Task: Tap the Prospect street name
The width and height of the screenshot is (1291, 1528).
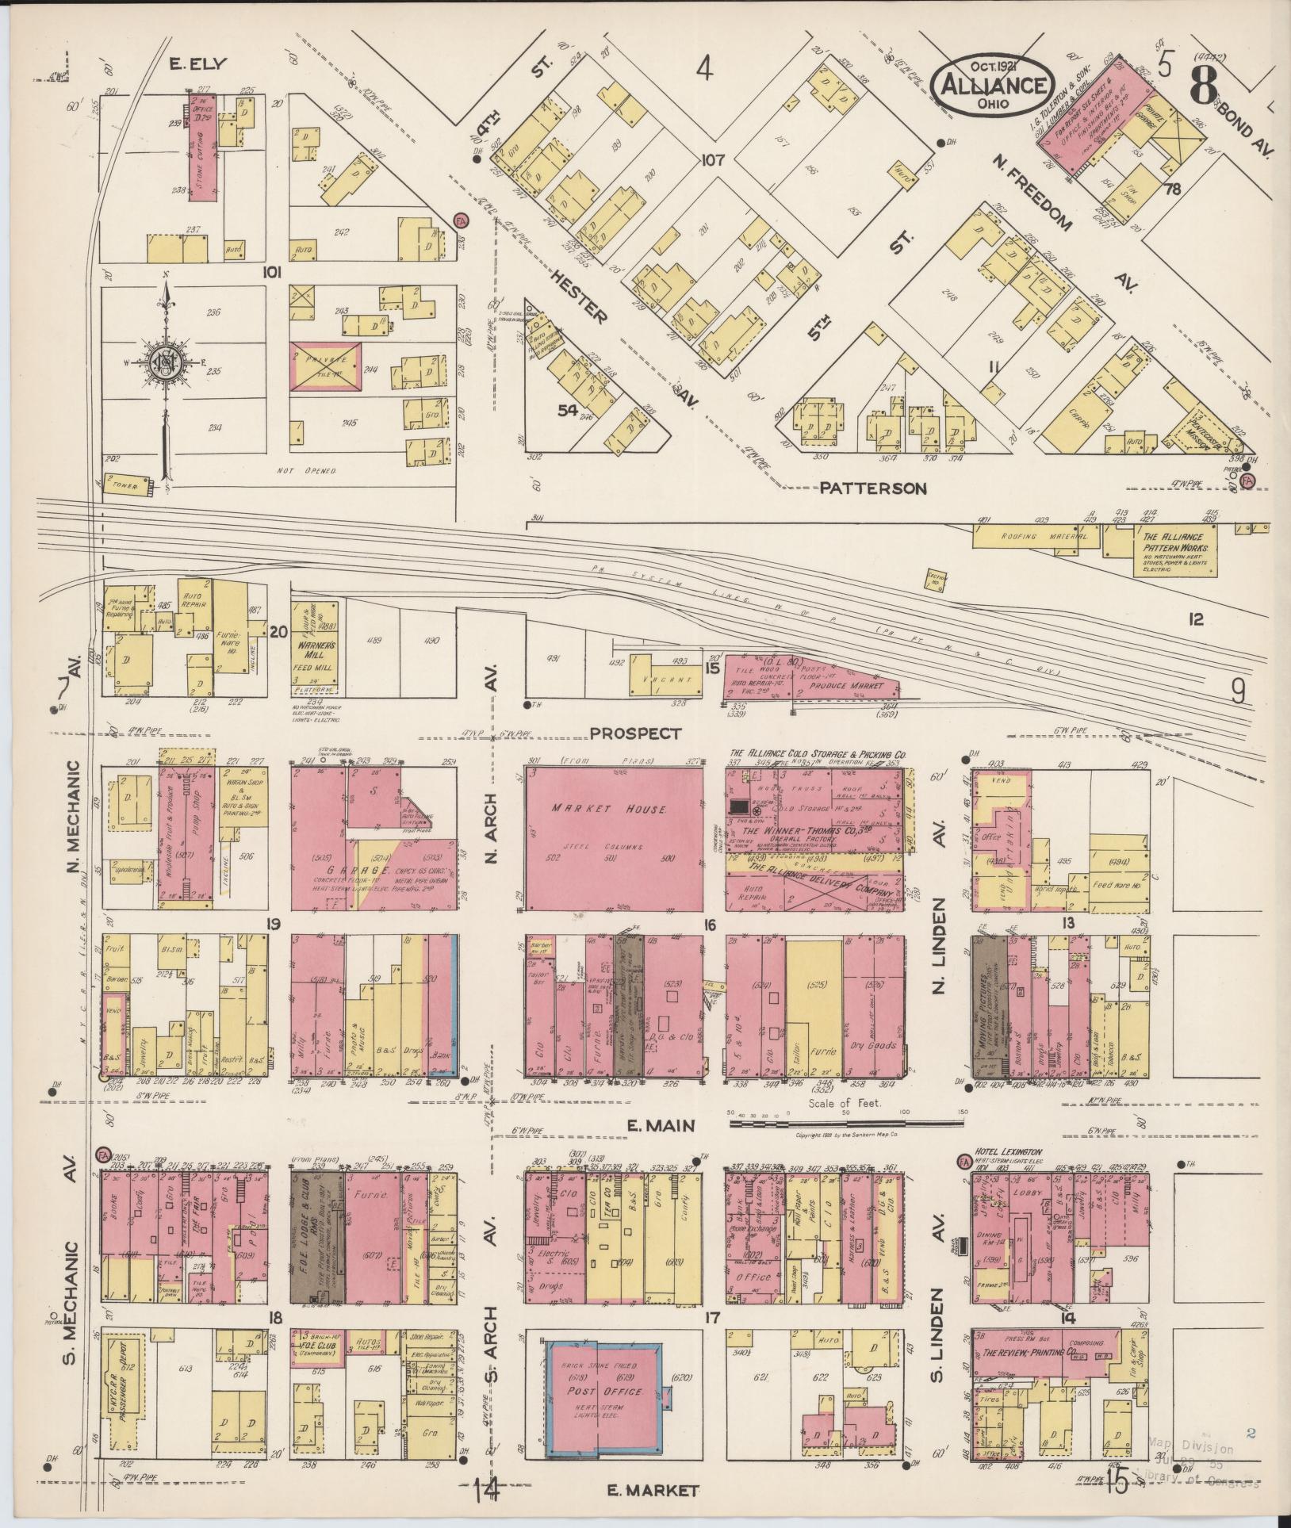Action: click(637, 733)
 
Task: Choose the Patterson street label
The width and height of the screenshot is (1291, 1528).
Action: click(872, 489)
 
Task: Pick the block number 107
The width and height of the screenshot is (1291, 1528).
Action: click(713, 161)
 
